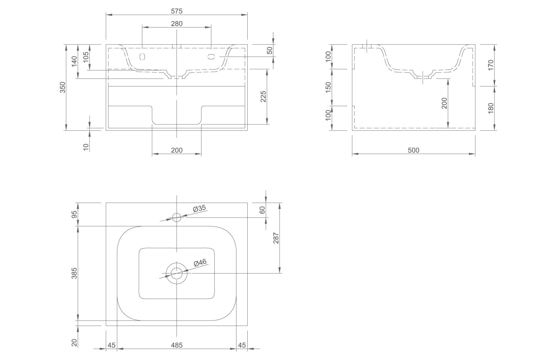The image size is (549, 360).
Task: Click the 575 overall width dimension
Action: pyautogui.click(x=177, y=11)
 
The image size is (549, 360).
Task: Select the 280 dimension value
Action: pyautogui.click(x=177, y=23)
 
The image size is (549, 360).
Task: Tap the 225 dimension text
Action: pyautogui.click(x=263, y=96)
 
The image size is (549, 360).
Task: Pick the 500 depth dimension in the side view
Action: pyautogui.click(x=413, y=150)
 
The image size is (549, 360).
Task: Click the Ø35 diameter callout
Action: pyautogui.click(x=199, y=208)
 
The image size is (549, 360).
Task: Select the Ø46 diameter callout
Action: pyautogui.click(x=200, y=263)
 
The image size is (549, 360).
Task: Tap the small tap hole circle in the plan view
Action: pyautogui.click(x=177, y=217)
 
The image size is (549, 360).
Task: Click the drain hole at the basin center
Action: pyautogui.click(x=177, y=273)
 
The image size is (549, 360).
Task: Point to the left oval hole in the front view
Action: pyautogui.click(x=142, y=57)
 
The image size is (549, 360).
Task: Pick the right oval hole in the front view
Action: pyautogui.click(x=211, y=57)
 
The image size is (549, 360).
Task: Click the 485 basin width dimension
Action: pyautogui.click(x=177, y=345)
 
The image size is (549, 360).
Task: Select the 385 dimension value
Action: pyautogui.click(x=74, y=273)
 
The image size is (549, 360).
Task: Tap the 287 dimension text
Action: pyautogui.click(x=276, y=238)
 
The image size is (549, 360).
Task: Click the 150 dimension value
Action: pyautogui.click(x=328, y=88)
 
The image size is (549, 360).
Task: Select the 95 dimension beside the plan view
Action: pyautogui.click(x=74, y=214)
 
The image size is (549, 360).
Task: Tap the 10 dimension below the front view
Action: pyautogui.click(x=86, y=147)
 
